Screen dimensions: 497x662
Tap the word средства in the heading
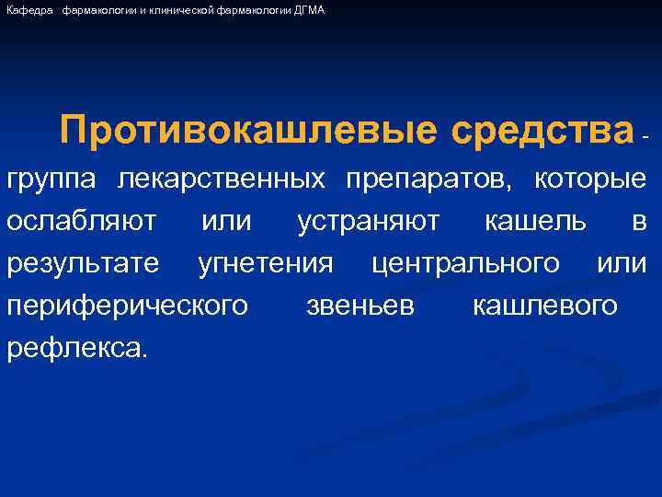(x=542, y=131)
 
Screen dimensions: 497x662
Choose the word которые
(x=590, y=179)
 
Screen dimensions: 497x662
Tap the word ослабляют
(x=81, y=221)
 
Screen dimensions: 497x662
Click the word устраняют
(x=369, y=221)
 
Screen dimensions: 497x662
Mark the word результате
(x=83, y=264)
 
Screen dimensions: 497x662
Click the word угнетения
(x=266, y=264)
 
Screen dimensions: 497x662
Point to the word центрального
(x=465, y=264)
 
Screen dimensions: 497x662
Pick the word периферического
(x=127, y=306)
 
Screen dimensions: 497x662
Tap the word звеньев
(x=360, y=306)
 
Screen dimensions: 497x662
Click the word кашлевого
(x=544, y=306)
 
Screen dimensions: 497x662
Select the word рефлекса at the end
(x=75, y=348)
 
